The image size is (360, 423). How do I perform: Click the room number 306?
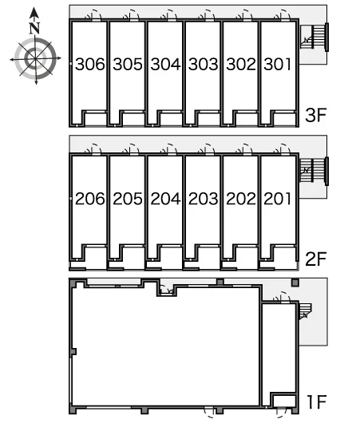(x=90, y=64)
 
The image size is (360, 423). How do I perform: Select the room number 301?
(x=278, y=64)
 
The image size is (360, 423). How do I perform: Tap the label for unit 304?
(x=165, y=64)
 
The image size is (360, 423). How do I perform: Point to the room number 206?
(x=90, y=199)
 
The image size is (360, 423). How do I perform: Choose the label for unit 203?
(x=204, y=199)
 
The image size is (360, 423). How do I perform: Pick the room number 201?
(x=278, y=199)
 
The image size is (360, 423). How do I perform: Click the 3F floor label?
(x=316, y=115)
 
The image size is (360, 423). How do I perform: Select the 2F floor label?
(x=316, y=259)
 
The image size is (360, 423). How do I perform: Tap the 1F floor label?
(x=317, y=401)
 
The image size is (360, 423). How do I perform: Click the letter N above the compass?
(x=34, y=28)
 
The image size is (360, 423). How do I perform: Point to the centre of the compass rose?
(x=35, y=58)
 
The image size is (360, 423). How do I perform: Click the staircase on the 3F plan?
(x=315, y=37)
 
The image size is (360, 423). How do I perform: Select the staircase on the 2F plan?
(x=314, y=171)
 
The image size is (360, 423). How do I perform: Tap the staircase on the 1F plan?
(x=305, y=311)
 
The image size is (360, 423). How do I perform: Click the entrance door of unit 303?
(x=207, y=16)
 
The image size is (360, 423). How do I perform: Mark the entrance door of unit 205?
(x=132, y=150)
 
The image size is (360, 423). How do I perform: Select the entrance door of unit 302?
(x=245, y=16)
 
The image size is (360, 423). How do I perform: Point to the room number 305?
(x=128, y=64)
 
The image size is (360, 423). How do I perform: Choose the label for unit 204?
(x=165, y=199)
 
